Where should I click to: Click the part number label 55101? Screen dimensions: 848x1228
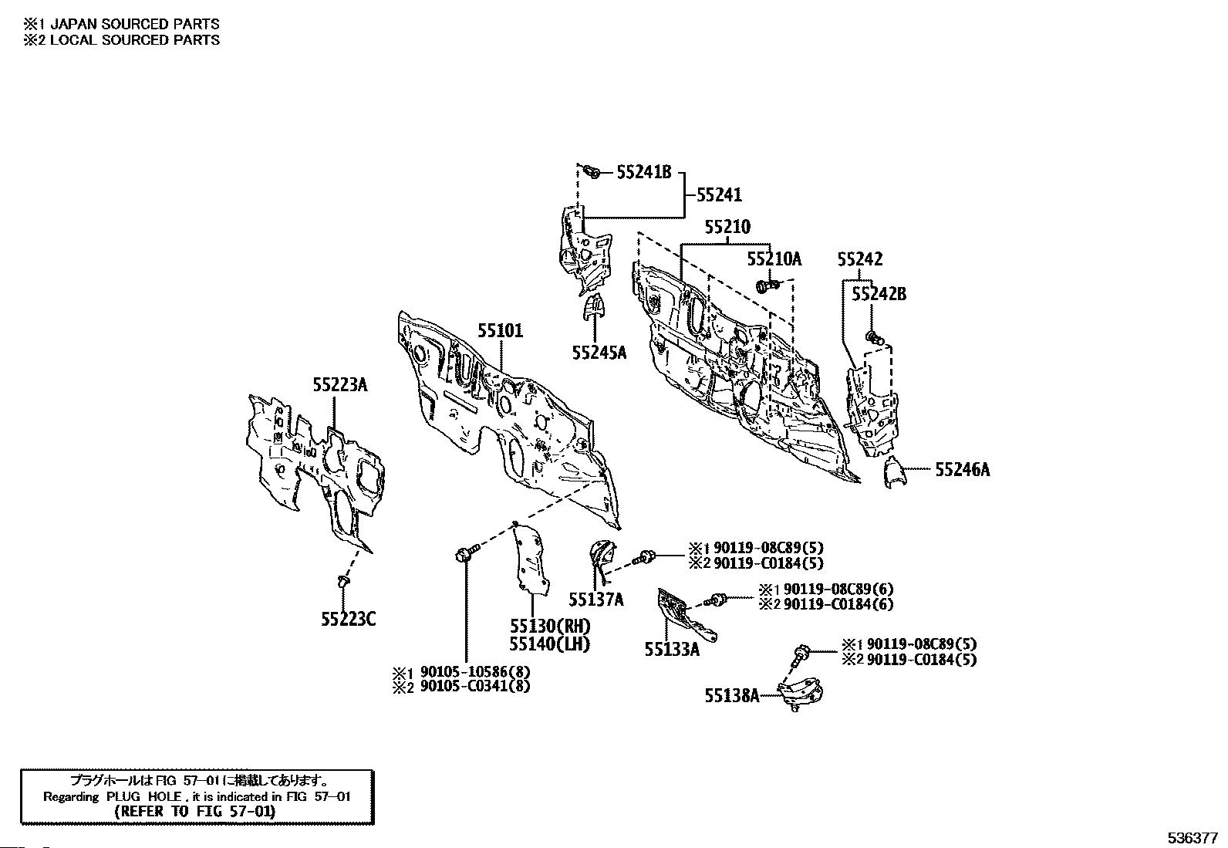click(499, 331)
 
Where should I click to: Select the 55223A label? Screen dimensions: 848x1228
click(339, 383)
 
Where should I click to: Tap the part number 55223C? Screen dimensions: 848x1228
click(349, 619)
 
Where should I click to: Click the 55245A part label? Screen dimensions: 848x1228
click(599, 353)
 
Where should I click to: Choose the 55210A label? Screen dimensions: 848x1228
click(774, 259)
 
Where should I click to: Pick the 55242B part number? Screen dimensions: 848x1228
click(879, 294)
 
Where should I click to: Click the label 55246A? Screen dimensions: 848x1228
click(962, 469)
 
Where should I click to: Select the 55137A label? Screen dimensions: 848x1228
click(596, 599)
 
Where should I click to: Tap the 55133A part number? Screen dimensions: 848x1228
click(672, 650)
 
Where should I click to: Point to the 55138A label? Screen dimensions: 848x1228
click(730, 696)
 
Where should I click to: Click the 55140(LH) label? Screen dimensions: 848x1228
click(549, 644)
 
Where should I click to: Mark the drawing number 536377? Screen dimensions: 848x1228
click(1192, 837)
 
